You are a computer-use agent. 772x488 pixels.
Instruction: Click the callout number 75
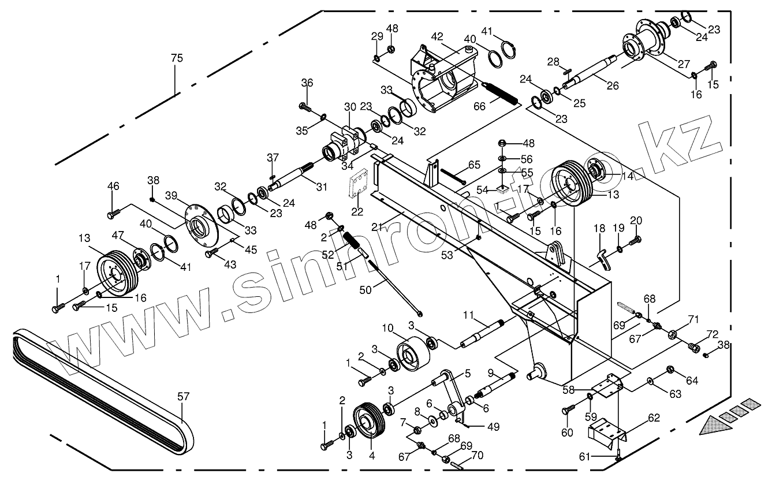tap(177, 58)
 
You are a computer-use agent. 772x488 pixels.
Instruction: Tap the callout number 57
tap(183, 397)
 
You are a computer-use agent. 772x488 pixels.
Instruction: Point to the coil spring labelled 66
tap(501, 92)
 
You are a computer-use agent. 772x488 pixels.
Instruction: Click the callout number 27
tap(667, 64)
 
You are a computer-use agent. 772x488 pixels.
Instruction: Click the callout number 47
tap(118, 235)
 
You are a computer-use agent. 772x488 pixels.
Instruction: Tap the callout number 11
tap(468, 315)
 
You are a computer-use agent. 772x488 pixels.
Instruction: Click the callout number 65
tap(474, 165)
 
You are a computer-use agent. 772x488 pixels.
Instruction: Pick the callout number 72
tap(713, 335)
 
